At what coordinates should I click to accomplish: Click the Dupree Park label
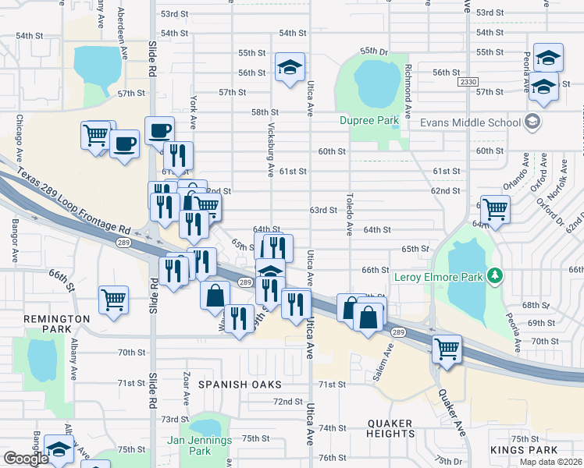click(369, 120)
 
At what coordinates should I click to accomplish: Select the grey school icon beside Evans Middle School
click(532, 122)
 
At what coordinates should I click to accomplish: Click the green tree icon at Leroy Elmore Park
click(493, 275)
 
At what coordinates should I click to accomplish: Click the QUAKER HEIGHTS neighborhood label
click(379, 428)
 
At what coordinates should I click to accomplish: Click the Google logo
click(27, 459)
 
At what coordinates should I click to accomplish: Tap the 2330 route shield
click(468, 82)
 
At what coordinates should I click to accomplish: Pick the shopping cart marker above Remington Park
click(113, 300)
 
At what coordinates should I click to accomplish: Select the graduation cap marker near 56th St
click(290, 66)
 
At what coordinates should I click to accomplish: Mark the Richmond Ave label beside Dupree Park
click(408, 84)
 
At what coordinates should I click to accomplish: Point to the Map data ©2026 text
click(550, 462)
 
